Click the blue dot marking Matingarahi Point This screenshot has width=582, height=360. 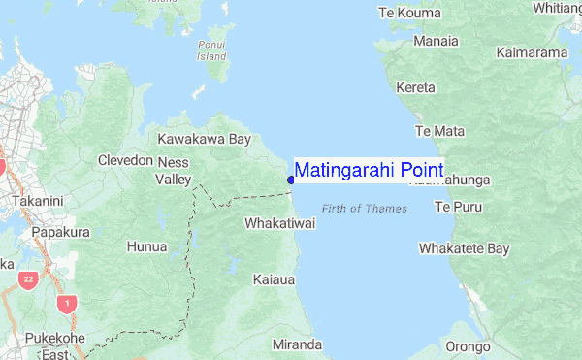point(291,180)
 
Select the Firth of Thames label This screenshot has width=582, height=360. point(365,209)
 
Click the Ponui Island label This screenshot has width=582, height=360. point(211,50)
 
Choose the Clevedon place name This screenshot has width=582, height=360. point(125,160)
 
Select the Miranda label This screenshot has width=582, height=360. point(297,344)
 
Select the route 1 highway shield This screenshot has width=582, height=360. point(67,304)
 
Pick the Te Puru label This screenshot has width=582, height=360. point(456,208)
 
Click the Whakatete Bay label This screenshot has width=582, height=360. point(464,249)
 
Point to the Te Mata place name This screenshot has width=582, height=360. point(439,130)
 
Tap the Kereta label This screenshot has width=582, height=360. point(416,87)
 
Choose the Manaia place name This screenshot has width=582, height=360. point(436,42)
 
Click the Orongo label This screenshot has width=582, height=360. point(468,346)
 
